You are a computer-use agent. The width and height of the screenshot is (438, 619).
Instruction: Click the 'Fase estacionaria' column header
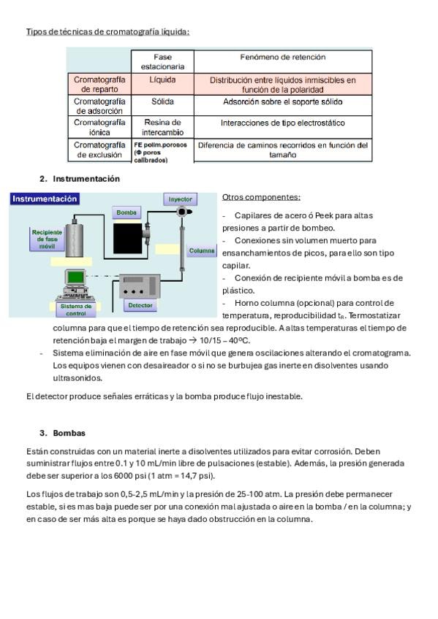click(162, 61)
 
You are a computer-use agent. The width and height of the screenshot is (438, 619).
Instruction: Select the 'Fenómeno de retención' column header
click(283, 57)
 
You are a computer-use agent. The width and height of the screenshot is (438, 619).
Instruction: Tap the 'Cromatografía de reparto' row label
click(99, 84)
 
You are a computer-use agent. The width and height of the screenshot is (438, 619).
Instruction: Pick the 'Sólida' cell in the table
click(162, 101)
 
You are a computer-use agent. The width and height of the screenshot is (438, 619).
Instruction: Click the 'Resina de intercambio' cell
click(162, 127)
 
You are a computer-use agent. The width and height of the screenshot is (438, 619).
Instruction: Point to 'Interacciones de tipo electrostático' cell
click(283, 123)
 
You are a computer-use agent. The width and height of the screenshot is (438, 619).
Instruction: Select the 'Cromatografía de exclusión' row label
click(99, 150)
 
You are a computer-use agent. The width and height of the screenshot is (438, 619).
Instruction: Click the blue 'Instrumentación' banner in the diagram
click(45, 199)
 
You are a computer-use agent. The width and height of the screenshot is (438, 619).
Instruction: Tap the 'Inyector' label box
click(181, 199)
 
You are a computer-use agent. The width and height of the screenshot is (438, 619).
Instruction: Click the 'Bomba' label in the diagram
click(127, 212)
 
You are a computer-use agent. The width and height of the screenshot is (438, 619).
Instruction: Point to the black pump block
click(127, 239)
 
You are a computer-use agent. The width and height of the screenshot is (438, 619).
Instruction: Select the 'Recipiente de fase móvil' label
click(47, 239)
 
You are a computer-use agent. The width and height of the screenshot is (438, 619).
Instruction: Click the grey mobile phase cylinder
click(74, 240)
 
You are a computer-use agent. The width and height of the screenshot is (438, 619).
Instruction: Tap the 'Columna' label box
click(202, 250)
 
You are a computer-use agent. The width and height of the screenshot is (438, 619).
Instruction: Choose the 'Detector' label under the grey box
click(140, 305)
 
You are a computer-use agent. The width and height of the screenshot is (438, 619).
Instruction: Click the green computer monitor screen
click(75, 277)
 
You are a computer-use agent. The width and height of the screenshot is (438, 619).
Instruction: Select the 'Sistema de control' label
click(76, 309)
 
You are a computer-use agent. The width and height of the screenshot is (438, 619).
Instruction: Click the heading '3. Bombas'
click(62, 433)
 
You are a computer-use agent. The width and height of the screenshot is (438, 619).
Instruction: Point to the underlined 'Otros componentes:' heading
click(261, 197)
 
